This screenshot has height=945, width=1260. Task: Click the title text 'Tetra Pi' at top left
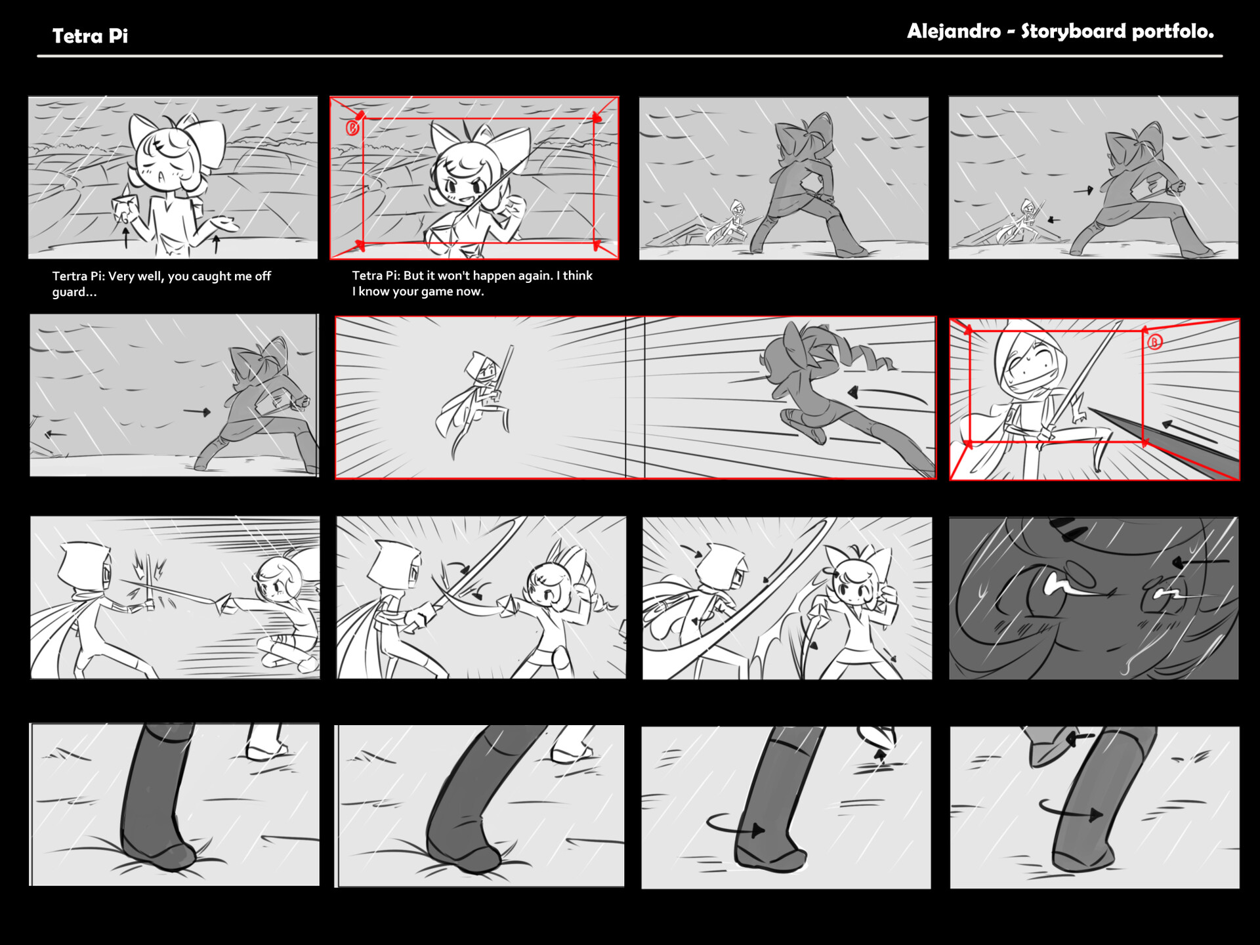click(90, 36)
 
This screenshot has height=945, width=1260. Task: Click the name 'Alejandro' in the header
click(954, 31)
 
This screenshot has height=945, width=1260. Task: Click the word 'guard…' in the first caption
click(74, 292)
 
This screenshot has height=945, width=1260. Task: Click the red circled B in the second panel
click(353, 128)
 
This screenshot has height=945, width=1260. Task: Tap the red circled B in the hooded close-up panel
click(1154, 342)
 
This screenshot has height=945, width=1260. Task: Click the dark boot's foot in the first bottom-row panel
click(161, 853)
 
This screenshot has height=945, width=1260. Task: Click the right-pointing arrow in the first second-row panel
click(196, 412)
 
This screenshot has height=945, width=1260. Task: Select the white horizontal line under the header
click(629, 56)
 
